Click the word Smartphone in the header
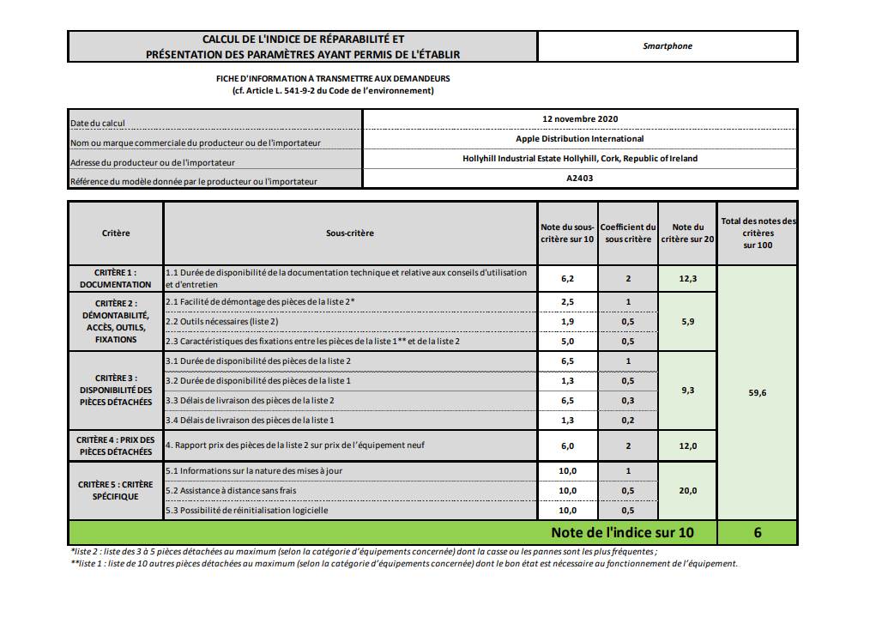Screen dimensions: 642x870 coord(667,46)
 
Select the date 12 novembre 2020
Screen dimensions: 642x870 coord(580,119)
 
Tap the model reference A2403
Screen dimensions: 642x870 coord(580,179)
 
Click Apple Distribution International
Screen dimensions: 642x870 coord(580,138)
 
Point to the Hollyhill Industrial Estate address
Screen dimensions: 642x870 coord(580,159)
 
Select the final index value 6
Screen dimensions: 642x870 coord(758,533)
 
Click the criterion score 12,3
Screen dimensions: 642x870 coord(686,278)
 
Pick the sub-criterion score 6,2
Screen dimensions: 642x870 coord(566,278)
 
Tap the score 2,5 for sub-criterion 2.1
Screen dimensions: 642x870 coord(566,302)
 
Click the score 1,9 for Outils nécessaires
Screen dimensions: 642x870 coord(566,322)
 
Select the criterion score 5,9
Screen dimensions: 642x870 coord(686,322)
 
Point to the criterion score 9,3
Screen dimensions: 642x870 coord(686,391)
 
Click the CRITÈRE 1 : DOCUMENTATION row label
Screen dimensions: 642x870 coord(116,278)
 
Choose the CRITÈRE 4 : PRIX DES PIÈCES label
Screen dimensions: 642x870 coord(116,445)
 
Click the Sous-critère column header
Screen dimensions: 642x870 coord(350,233)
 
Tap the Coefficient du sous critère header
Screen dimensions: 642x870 coord(628,233)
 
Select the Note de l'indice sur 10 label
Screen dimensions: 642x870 coord(622,533)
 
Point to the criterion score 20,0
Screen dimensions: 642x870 coord(686,491)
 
